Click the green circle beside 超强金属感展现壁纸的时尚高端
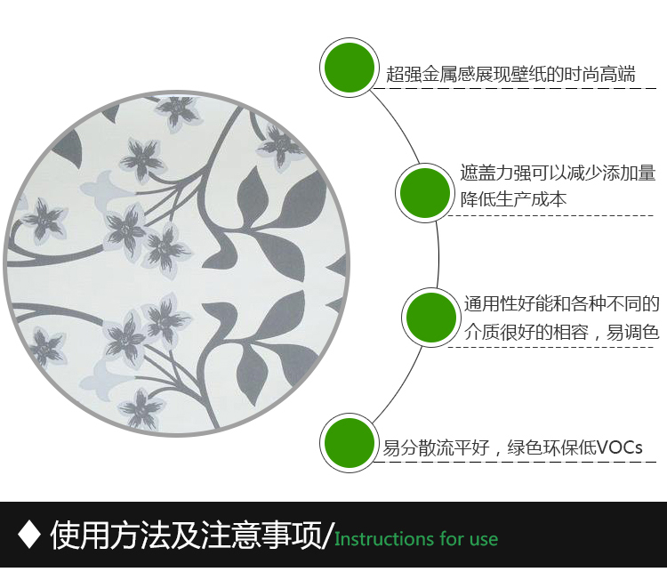[x=350, y=68]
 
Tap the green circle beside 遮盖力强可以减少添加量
[x=425, y=193]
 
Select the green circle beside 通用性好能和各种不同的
[x=431, y=318]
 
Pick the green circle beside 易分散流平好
[x=350, y=443]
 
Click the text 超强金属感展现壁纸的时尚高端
[x=510, y=74]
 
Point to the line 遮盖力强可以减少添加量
[x=558, y=173]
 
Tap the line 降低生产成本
[x=513, y=199]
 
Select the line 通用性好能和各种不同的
[x=561, y=304]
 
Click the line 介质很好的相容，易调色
[x=561, y=332]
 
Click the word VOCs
[x=620, y=447]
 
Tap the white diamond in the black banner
[x=29, y=535]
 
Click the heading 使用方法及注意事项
[x=186, y=535]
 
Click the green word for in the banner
[x=452, y=539]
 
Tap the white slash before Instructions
[x=327, y=536]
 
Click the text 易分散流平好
[x=436, y=447]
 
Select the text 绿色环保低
[x=551, y=447]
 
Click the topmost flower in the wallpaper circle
[x=178, y=110]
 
